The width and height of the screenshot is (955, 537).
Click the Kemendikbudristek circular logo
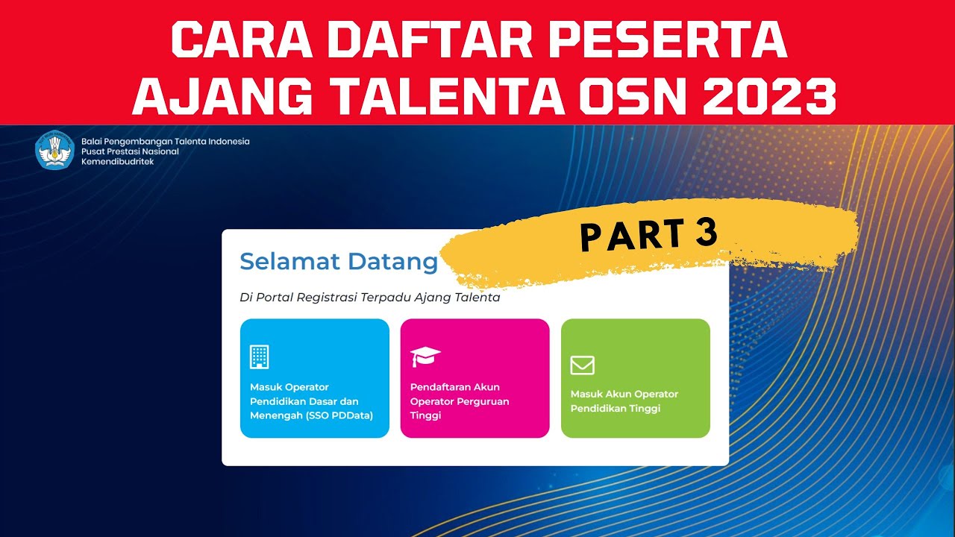[x=55, y=150]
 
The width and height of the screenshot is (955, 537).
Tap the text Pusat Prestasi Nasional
[x=130, y=151]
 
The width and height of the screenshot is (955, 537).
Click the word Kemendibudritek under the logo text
[x=118, y=162]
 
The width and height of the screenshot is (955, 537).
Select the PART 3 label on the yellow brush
[x=648, y=236]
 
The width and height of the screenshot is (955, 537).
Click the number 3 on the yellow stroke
[x=704, y=233]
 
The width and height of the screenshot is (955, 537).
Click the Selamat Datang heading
[x=339, y=262]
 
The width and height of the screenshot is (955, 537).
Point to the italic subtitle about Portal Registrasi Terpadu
[x=369, y=298]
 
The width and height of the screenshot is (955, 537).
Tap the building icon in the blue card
[x=259, y=357]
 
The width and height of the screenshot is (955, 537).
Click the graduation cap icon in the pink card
[x=425, y=357]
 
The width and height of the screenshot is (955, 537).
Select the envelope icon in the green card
[x=582, y=365]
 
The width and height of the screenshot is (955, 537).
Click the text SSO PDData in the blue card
[x=339, y=415]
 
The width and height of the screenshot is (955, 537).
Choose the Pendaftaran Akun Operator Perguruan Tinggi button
[x=475, y=378]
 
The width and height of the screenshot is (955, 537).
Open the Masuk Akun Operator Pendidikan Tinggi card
[x=635, y=378]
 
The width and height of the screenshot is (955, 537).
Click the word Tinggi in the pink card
[x=425, y=415]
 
